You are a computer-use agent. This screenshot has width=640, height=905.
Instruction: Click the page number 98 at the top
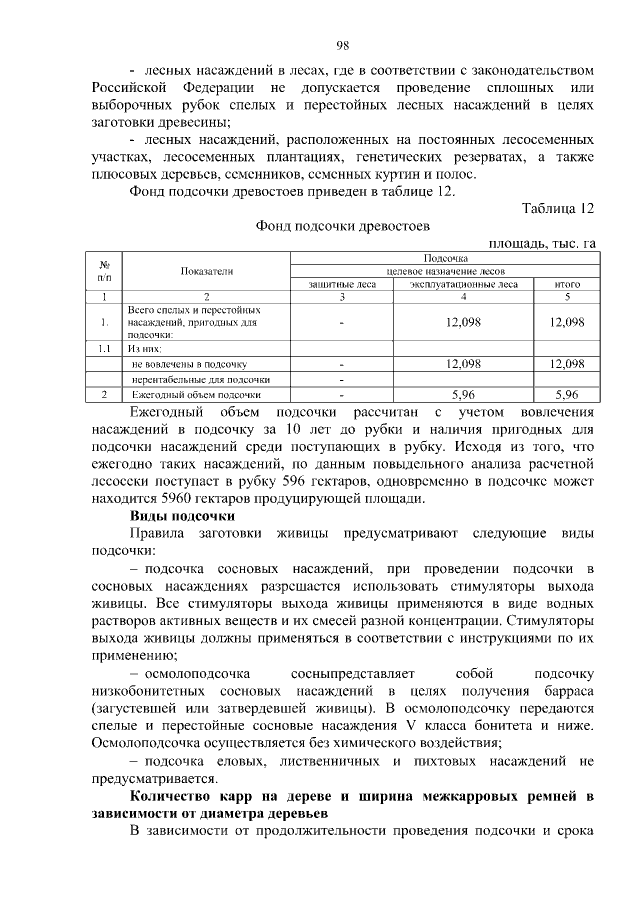(x=342, y=45)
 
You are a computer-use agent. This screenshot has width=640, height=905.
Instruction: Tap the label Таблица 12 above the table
(x=558, y=207)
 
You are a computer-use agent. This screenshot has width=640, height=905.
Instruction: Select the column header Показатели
(x=207, y=271)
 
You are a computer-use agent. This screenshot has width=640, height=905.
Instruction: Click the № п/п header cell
(x=105, y=270)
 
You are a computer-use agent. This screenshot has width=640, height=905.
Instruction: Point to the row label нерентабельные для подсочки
(x=201, y=380)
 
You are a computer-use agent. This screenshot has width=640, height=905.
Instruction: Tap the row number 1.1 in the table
(x=105, y=349)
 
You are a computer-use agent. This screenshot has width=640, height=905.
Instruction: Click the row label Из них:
(x=145, y=349)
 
